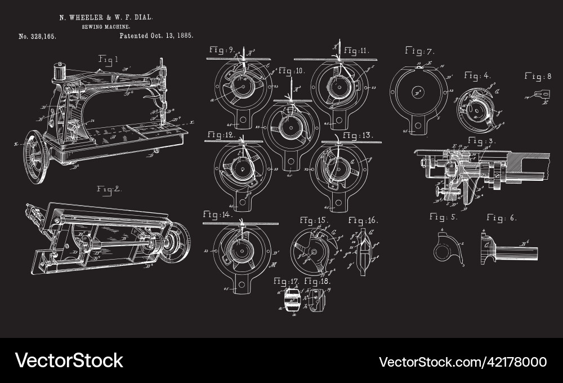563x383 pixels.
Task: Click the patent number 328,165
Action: pyautogui.click(x=38, y=36)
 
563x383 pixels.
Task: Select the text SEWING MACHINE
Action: pyautogui.click(x=106, y=26)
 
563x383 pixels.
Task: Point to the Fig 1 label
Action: pyautogui.click(x=108, y=59)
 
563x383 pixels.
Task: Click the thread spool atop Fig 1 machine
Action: pyautogui.click(x=58, y=72)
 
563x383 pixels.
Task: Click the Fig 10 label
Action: pyautogui.click(x=291, y=71)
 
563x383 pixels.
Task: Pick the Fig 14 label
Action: pyautogui.click(x=218, y=214)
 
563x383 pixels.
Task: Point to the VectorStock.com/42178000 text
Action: pyautogui.click(x=462, y=362)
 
